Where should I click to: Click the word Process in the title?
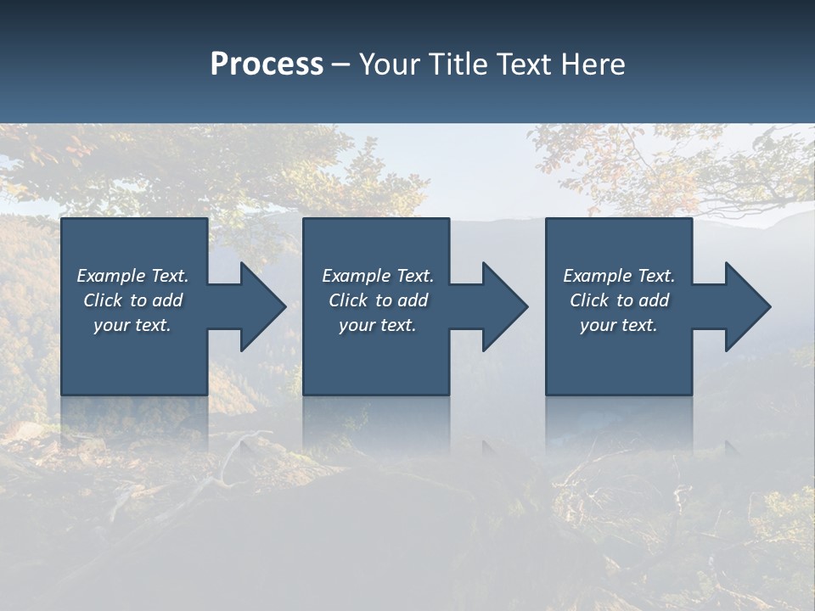[x=267, y=64]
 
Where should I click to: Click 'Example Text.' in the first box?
[x=132, y=276]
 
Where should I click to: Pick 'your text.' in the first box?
[x=132, y=325]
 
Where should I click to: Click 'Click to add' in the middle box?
[x=378, y=300]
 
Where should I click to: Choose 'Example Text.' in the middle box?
[x=378, y=276]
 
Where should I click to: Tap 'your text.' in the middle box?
[x=378, y=325]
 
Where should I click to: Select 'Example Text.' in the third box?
[x=619, y=276]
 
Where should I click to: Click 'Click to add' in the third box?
[x=619, y=300]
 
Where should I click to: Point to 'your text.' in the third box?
[x=619, y=325]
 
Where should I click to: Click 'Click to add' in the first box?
[x=132, y=300]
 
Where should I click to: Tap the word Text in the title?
[x=524, y=64]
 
